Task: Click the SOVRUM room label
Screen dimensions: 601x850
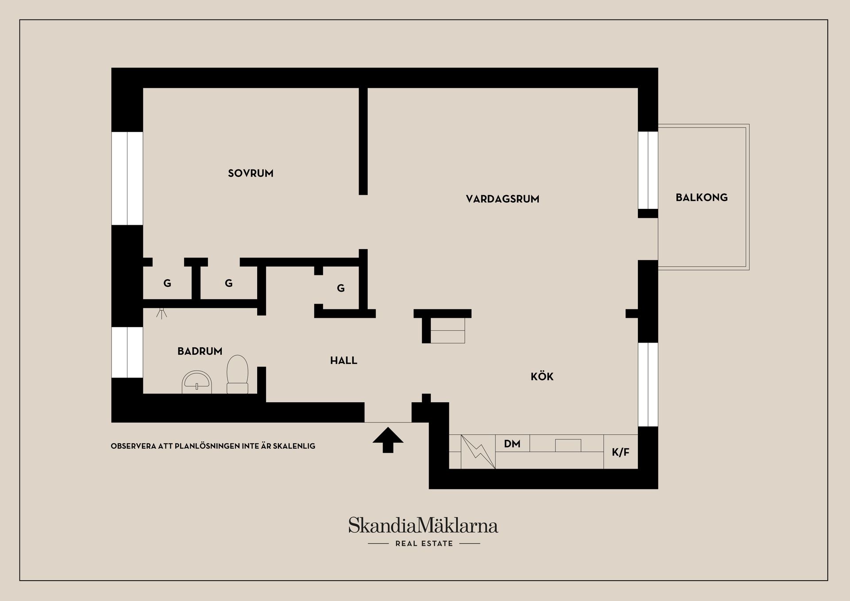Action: pos(251,173)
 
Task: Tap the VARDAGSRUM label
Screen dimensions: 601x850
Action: pos(502,199)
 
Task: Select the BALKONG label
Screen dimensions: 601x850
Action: pos(701,197)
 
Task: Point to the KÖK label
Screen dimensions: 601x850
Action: pos(542,377)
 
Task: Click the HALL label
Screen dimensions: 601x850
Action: pos(344,361)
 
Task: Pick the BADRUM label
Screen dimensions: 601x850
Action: pos(200,351)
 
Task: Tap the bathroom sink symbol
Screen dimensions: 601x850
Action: pos(197,382)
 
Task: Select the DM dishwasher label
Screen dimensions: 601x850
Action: pos(512,443)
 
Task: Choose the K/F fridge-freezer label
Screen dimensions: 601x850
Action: pos(620,452)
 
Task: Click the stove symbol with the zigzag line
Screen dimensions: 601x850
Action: pos(478,451)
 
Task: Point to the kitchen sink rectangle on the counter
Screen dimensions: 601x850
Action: pos(568,445)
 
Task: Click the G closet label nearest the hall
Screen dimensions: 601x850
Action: pos(340,289)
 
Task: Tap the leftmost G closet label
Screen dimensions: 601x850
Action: pos(167,283)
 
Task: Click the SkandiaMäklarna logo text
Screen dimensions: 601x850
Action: pos(423,526)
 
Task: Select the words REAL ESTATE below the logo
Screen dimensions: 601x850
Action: pos(424,543)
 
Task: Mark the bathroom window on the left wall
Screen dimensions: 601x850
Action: pos(127,352)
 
